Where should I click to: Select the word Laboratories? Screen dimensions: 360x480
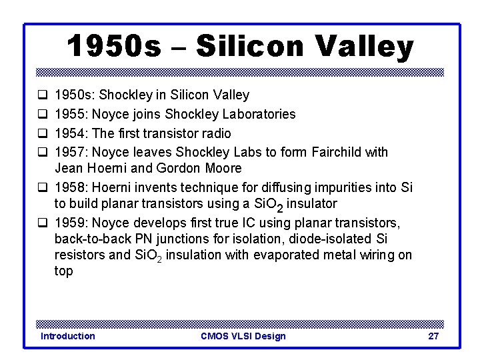pos(259,114)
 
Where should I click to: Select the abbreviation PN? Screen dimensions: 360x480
pos(145,239)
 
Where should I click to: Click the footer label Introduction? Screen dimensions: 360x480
pos(67,336)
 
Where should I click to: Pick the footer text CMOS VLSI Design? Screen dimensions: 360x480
pos(243,336)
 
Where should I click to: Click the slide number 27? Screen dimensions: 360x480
pos(433,336)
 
